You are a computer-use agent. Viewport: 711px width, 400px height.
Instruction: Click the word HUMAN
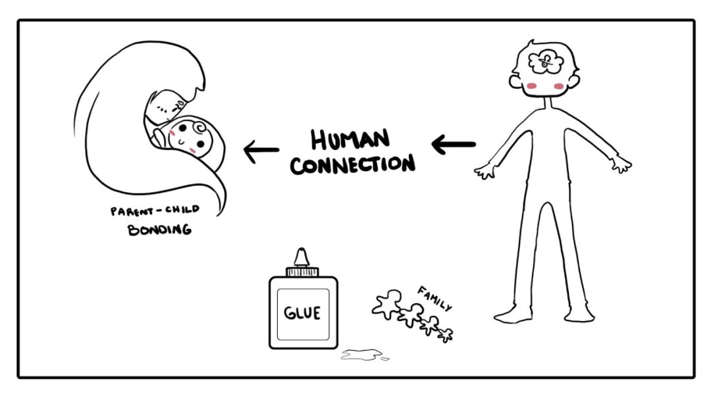coord(350,139)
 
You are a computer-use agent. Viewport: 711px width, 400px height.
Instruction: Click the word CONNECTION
coord(353,164)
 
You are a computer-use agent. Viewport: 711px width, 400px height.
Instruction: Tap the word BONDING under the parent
coord(159,230)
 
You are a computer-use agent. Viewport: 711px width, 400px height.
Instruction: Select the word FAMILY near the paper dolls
coord(435,297)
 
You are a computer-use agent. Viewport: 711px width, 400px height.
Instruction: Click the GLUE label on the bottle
coord(302,313)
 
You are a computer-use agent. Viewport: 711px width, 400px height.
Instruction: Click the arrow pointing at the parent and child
coord(261,152)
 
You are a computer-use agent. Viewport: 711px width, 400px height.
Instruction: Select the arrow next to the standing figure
coord(453,144)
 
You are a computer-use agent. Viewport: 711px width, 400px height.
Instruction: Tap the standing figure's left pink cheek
coord(533,86)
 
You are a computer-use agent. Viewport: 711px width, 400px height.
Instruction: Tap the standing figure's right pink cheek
coord(560,86)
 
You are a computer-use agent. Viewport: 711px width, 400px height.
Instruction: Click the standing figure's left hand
coord(485,172)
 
